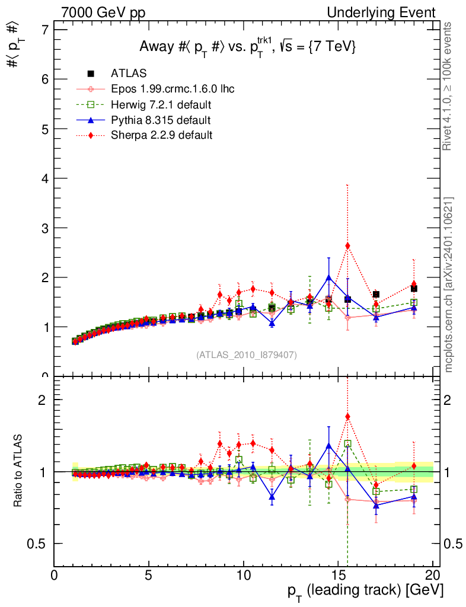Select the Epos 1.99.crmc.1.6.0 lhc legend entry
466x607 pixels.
point(173,90)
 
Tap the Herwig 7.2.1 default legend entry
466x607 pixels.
point(161,105)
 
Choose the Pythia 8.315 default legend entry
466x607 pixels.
point(161,120)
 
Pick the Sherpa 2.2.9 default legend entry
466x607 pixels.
point(161,135)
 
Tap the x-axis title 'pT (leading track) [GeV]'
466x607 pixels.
point(365,591)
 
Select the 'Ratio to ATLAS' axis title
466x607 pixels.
point(20,471)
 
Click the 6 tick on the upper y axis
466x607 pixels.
point(44,79)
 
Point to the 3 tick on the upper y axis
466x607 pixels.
point(44,228)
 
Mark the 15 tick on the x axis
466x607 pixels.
point(338,577)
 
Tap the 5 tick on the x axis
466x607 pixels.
point(149,577)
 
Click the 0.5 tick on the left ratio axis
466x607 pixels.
point(40,544)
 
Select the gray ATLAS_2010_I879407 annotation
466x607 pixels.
point(247,354)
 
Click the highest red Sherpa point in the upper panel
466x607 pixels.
point(347,246)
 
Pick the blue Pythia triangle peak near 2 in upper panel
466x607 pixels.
point(328,277)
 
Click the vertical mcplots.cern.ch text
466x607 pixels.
point(449,285)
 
